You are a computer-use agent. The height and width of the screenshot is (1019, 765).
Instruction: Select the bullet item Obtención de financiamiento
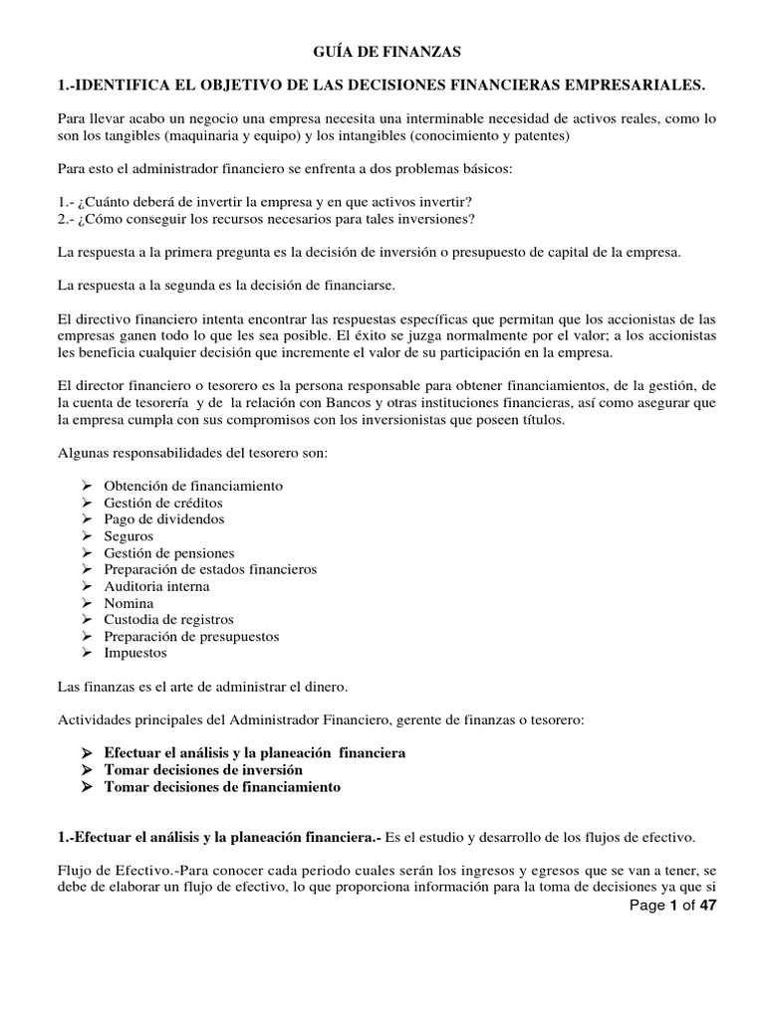click(193, 486)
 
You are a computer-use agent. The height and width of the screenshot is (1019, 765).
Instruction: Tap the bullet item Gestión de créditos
click(163, 503)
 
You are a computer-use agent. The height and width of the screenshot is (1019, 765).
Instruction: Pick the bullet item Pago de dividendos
click(163, 519)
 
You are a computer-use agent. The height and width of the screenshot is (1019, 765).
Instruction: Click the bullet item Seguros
click(128, 536)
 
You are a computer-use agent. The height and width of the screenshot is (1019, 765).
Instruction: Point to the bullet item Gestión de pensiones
click(168, 553)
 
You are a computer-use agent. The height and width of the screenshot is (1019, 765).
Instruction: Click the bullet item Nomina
click(128, 603)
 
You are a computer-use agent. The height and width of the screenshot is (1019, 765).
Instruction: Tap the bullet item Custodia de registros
click(168, 620)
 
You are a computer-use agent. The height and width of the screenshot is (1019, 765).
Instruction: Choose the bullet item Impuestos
click(135, 654)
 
